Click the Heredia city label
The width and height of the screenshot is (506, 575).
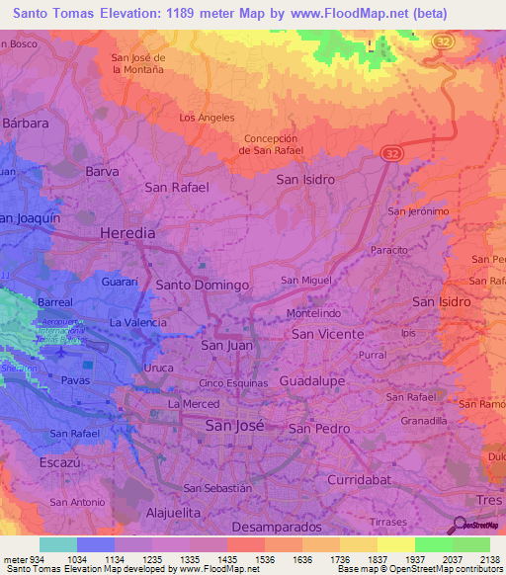point(127,233)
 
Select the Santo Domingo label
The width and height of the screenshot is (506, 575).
point(202,285)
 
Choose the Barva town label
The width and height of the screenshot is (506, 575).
point(103,171)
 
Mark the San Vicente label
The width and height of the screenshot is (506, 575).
point(327,335)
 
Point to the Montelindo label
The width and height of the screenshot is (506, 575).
point(313,313)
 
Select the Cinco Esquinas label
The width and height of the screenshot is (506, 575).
point(234,383)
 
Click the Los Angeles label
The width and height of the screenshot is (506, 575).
point(207,118)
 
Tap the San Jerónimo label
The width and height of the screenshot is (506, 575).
point(419,211)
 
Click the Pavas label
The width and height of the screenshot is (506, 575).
point(74,380)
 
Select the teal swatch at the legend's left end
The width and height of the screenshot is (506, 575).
point(57,544)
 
